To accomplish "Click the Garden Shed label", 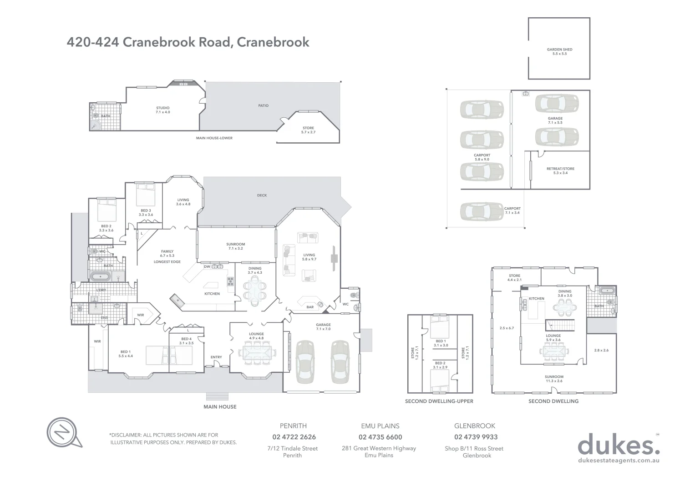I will pos(559,51).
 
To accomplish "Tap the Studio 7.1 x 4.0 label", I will pos(162,110).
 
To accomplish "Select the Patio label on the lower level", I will pos(263,105).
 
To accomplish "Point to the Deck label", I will pos(262,195).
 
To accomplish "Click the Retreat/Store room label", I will pos(560,170).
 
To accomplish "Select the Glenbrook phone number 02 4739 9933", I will pos(476,437).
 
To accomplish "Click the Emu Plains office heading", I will pos(380,426).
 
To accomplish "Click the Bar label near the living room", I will pos(310,307).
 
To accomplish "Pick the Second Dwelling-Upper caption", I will pos(439,401).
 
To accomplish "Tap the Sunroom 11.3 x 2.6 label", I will pos(554,379).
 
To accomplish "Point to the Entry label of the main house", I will pos(216,357).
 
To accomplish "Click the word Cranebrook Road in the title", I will pos(178,42).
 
